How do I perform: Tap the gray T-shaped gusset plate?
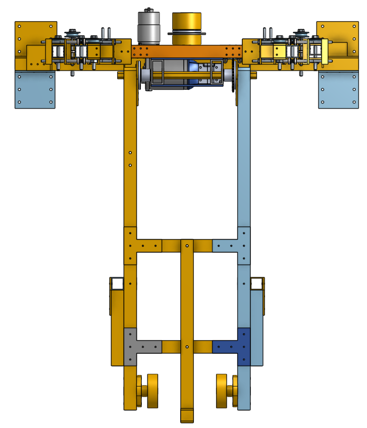(x=133, y=345)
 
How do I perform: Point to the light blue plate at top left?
(x=34, y=90)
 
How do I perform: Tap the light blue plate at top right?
(x=337, y=90)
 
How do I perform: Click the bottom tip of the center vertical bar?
(x=187, y=416)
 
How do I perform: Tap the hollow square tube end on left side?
(x=118, y=284)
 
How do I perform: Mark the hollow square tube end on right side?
(x=257, y=284)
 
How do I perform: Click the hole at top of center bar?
(x=187, y=245)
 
